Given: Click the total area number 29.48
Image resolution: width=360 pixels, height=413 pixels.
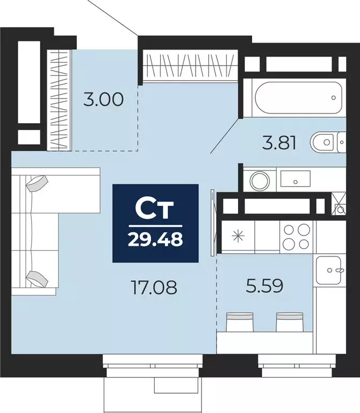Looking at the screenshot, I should point(155,238).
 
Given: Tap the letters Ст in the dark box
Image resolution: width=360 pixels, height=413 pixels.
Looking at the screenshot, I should point(155,209).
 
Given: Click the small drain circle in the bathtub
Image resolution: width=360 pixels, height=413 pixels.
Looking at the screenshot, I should point(334,98).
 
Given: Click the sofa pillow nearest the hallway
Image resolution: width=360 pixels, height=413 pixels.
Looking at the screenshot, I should point(37,183).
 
